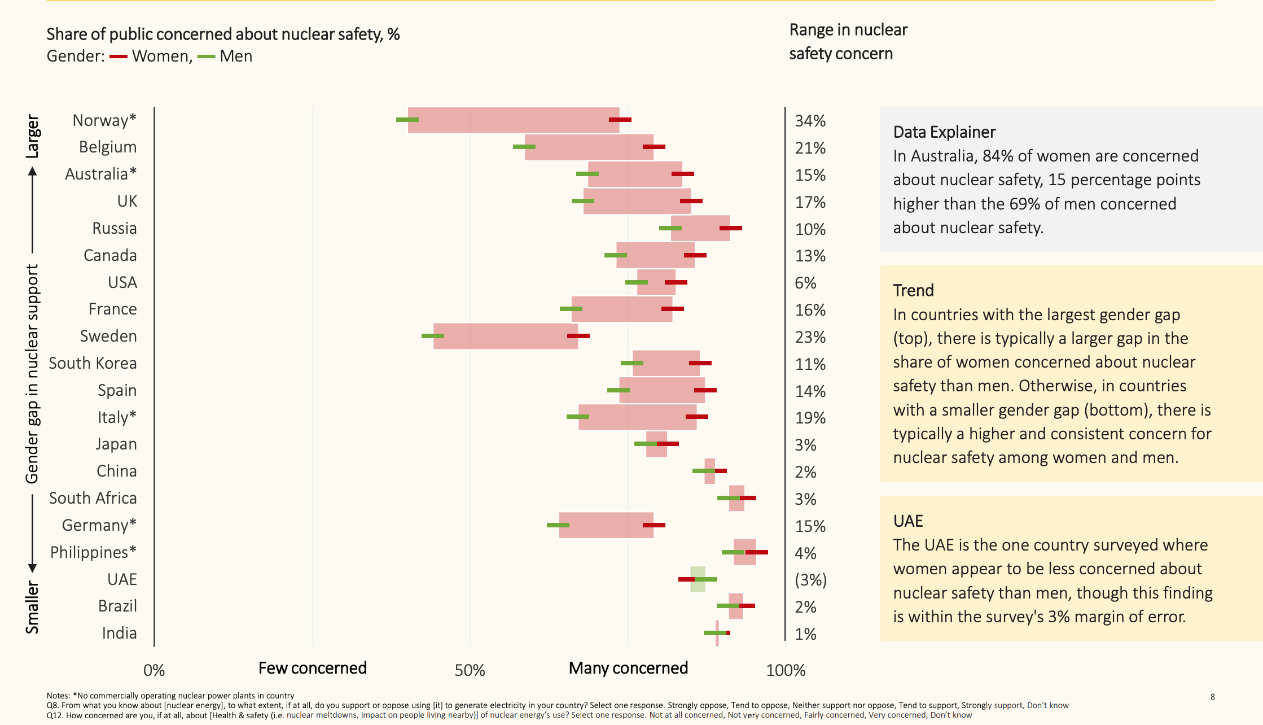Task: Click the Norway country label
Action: tap(104, 120)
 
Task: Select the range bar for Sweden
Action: tap(505, 336)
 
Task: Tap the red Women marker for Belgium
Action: tap(654, 147)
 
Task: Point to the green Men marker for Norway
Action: tap(407, 120)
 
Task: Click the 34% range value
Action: tap(810, 121)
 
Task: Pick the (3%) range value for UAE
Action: tap(810, 580)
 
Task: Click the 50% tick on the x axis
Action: tap(470, 670)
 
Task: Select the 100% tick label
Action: tap(786, 670)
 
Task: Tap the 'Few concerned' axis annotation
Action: tap(312, 668)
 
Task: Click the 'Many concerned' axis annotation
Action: tap(628, 668)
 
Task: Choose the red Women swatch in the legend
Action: tap(118, 56)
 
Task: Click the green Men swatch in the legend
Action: tap(206, 56)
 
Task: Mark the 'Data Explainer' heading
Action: tap(944, 132)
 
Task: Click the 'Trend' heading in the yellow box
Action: tap(913, 290)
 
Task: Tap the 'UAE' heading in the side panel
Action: tap(908, 521)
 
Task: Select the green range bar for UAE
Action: tap(698, 579)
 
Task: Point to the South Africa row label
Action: tap(93, 498)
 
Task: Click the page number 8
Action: tap(1212, 697)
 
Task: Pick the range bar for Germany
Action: tap(606, 525)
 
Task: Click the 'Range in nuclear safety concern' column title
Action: tap(848, 41)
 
